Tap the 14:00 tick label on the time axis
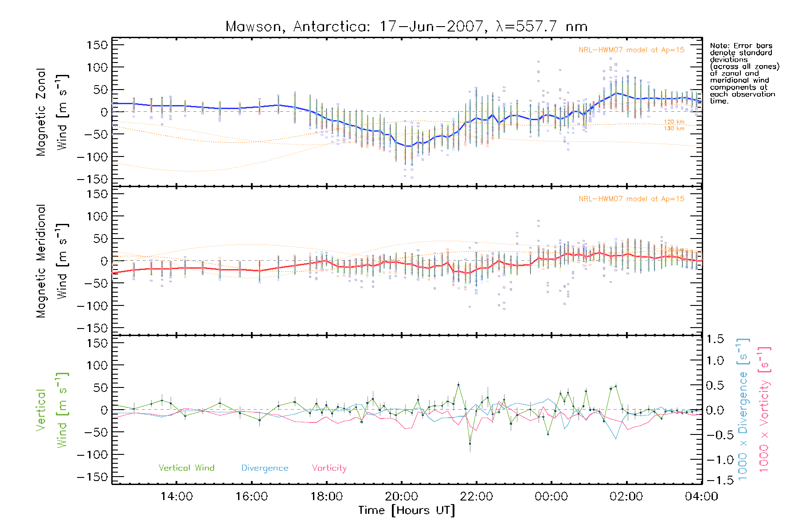point(176,496)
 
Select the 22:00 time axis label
point(476,496)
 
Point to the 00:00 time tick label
point(551,496)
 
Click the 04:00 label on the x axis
point(701,496)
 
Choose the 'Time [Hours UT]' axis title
point(407,510)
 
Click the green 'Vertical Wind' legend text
point(186,468)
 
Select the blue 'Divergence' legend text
point(265,468)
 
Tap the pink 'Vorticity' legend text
point(329,468)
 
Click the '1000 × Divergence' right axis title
point(743,410)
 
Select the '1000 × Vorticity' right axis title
point(764,410)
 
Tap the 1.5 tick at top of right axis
point(715,339)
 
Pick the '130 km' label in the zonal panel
point(674,129)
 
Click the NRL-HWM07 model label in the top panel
point(631,50)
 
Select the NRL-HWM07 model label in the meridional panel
point(631,199)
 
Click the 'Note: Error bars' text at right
point(741,46)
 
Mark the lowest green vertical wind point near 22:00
point(470,443)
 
